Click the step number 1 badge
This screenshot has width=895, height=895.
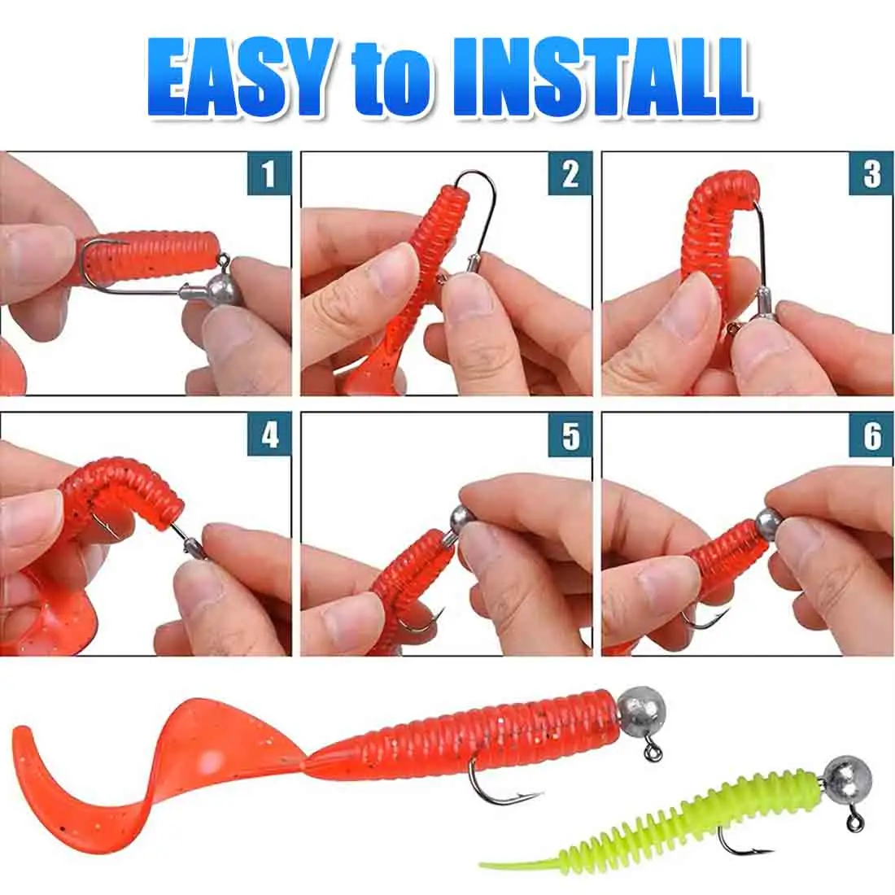tap(269, 174)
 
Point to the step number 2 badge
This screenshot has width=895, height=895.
tap(570, 174)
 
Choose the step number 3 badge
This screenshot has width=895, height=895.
tap(871, 174)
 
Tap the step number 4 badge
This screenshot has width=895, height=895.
tap(269, 435)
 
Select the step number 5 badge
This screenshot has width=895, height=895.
tap(570, 435)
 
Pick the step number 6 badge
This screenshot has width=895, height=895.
tap(871, 435)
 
